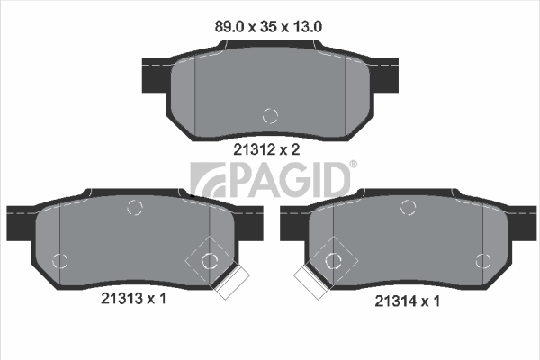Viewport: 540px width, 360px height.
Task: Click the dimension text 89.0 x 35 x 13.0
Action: [268, 26]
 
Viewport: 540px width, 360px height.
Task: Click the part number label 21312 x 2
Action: [267, 149]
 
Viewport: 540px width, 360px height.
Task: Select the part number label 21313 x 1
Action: [133, 298]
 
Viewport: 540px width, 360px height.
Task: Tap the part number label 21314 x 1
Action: [408, 301]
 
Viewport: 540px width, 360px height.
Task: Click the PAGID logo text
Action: [289, 180]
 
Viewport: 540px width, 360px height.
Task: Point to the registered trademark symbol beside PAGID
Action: [354, 165]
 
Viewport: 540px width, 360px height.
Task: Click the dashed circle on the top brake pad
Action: [270, 116]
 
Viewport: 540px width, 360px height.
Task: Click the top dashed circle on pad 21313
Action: [135, 207]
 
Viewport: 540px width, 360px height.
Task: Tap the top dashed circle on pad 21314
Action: [409, 207]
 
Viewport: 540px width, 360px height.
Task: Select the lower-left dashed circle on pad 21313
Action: [60, 261]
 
